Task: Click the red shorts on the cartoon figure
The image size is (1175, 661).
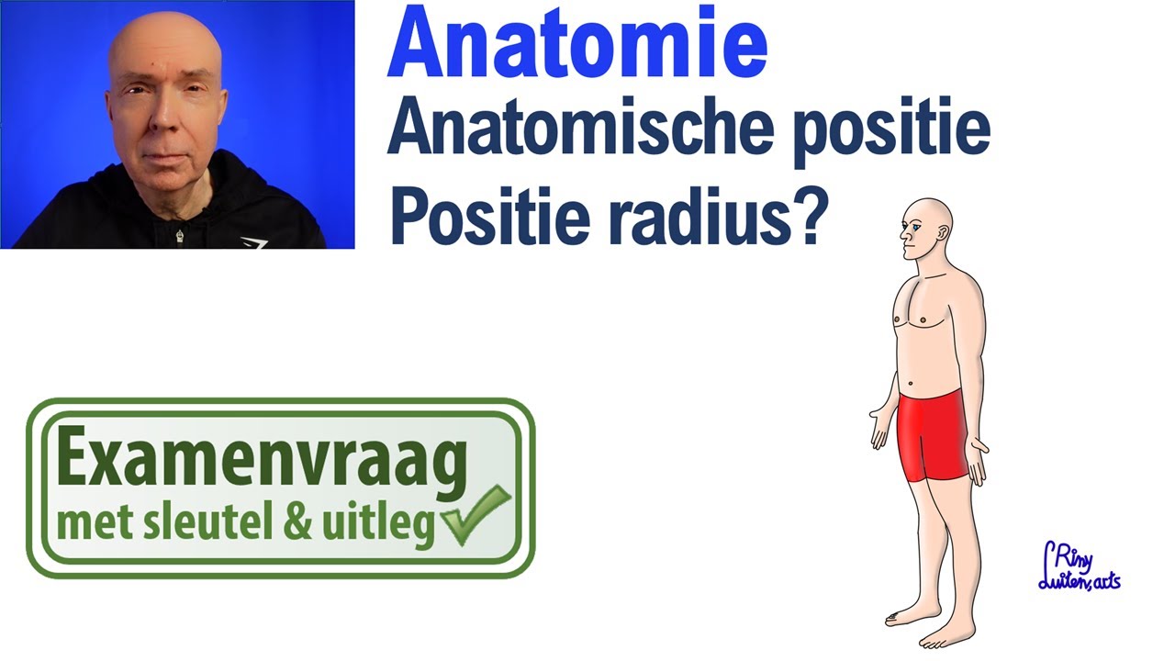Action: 934,433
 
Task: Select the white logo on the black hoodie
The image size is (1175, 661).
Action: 252,242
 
